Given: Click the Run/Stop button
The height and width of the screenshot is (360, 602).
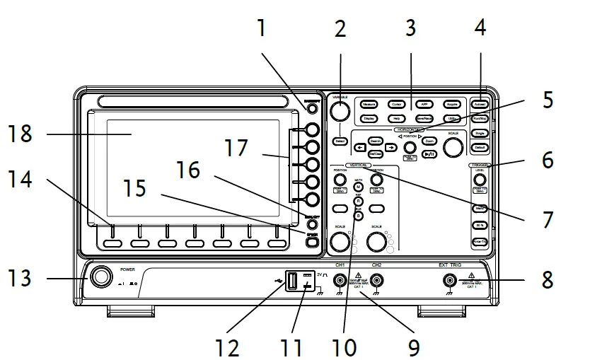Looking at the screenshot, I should coord(480,119).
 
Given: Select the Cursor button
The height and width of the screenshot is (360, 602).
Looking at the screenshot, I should coord(396,104).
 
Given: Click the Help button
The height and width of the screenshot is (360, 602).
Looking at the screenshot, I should coord(396,118).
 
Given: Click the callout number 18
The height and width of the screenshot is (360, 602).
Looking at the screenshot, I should coord(21,134).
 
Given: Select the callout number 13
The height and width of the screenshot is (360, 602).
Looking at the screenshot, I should coord(21,278).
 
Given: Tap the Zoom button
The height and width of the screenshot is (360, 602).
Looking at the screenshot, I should coord(429,141).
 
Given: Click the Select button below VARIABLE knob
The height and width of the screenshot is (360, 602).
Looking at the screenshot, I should coord(340,141).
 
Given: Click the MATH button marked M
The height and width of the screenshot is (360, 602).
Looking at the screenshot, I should coord(358,186).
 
